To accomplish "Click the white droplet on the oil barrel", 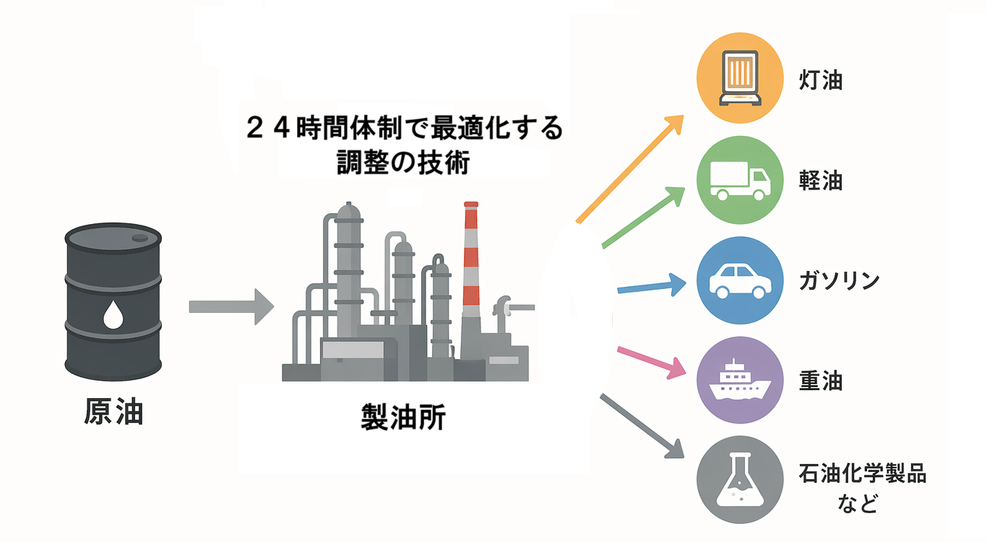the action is coord(113,314).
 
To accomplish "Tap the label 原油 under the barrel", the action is coord(113,412).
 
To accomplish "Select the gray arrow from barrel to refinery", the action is coord(231,306).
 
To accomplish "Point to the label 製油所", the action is coord(403,416).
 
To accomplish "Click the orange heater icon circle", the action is coord(740,78).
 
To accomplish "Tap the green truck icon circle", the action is coord(740,180).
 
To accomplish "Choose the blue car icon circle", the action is coord(740,280).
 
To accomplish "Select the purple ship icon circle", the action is coord(740,380).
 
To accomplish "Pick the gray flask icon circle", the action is coord(740,479).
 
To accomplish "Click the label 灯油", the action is coord(820,80).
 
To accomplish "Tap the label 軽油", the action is coord(820,181).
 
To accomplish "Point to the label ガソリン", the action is coord(839,280).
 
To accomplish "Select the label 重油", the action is coord(820,381).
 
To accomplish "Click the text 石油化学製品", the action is coord(862,473).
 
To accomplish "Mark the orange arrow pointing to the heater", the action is coord(630,169).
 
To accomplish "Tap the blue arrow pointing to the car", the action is coord(652,285).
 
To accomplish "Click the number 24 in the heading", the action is coord(268,128).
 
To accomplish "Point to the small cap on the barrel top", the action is coord(140,238).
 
